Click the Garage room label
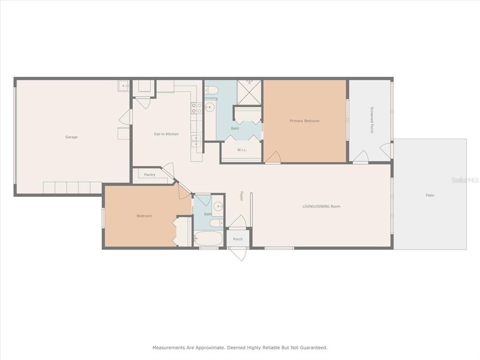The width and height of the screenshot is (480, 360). pyautogui.click(x=71, y=137)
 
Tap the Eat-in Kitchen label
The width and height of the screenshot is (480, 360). pyautogui.click(x=166, y=134)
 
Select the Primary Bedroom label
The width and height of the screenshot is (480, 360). pyautogui.click(x=305, y=121)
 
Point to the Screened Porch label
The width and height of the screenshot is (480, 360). pyautogui.click(x=372, y=120)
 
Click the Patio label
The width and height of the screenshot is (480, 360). pyautogui.click(x=430, y=195)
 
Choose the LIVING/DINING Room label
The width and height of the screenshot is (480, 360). pyautogui.click(x=322, y=206)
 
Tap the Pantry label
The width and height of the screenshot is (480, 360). pyautogui.click(x=150, y=175)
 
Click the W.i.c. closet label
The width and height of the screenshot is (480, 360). pyautogui.click(x=242, y=150)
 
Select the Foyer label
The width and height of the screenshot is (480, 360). pyautogui.click(x=241, y=196)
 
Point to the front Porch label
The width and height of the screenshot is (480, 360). pyautogui.click(x=238, y=240)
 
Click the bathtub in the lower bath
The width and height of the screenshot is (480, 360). pyautogui.click(x=209, y=238)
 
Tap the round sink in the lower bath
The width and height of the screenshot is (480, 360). pyautogui.click(x=218, y=206)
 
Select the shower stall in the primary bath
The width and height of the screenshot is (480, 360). pyautogui.click(x=249, y=92)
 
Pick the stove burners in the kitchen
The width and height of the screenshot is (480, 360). pyautogui.click(x=196, y=108)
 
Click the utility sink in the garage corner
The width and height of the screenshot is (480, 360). pyautogui.click(x=124, y=86)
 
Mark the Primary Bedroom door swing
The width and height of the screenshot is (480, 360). pyautogui.click(x=273, y=157)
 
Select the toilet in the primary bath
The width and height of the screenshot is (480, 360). pyautogui.click(x=211, y=90)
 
